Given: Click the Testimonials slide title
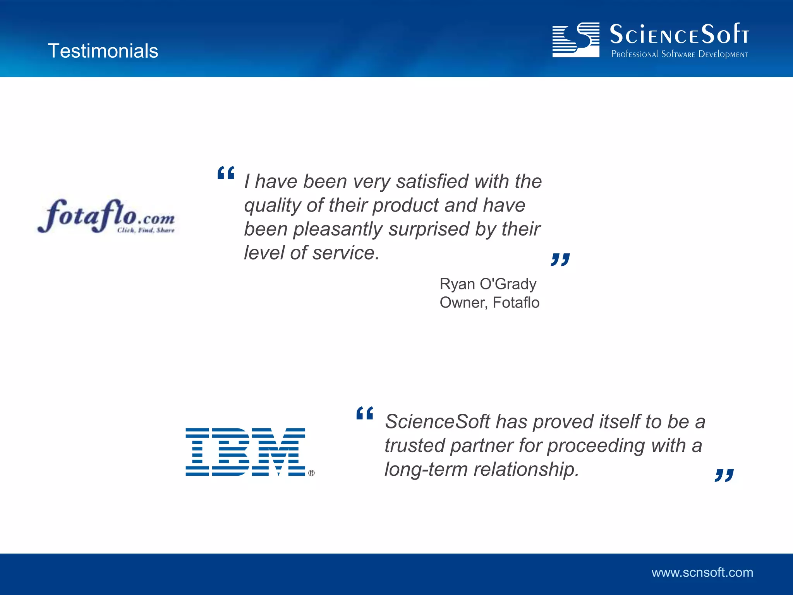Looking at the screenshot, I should point(103,51).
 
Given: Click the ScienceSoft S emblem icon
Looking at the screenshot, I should point(576,40).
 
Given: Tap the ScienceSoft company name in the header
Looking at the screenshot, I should point(679,35).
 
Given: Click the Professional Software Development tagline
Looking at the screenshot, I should point(679,54).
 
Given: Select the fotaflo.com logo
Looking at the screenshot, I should point(106,216).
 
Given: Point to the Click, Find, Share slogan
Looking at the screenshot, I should point(146,230).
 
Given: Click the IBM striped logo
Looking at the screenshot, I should point(245,452).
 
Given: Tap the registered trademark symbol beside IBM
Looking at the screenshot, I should point(311,473).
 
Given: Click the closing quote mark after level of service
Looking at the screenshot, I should point(560,260).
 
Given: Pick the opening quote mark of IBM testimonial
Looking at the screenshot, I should point(364,413).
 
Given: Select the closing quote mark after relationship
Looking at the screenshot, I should point(724,475).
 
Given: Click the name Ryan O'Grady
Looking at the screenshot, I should point(488,284).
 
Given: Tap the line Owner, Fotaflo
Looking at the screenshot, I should point(489,303).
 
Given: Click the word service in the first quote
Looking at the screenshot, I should point(346,253).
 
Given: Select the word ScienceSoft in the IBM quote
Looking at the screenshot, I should point(438,421).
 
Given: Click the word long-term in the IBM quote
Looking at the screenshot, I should point(426,469).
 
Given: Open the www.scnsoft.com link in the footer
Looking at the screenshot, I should point(702,573).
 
